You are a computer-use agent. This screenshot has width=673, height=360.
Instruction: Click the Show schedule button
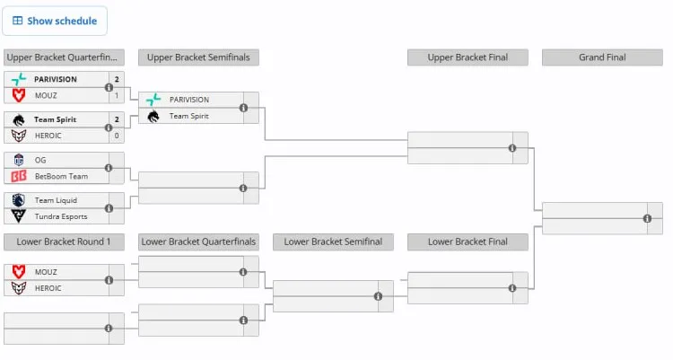pyautogui.click(x=55, y=21)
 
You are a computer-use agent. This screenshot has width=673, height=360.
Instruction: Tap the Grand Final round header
pyautogui.click(x=602, y=57)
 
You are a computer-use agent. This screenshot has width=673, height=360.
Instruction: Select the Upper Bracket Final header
pyautogui.click(x=468, y=57)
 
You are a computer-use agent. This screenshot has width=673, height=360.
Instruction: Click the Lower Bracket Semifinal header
pyautogui.click(x=333, y=241)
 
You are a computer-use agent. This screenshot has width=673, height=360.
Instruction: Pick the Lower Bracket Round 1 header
pyautogui.click(x=64, y=241)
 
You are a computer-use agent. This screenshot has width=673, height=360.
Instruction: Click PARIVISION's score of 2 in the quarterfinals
pyautogui.click(x=117, y=79)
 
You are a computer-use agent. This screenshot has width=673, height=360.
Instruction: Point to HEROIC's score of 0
pyautogui.click(x=117, y=136)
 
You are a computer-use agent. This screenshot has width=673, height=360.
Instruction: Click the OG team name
pyautogui.click(x=40, y=160)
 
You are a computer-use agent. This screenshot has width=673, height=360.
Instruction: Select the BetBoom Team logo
pyautogui.click(x=19, y=176)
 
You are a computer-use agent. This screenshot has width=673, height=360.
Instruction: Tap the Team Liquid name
pyautogui.click(x=56, y=200)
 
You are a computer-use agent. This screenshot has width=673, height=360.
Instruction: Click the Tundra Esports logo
pyautogui.click(x=19, y=216)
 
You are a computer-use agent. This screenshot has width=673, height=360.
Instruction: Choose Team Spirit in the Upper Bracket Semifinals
pyautogui.click(x=188, y=116)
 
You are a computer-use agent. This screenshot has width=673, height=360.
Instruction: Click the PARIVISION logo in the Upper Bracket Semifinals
pyautogui.click(x=153, y=100)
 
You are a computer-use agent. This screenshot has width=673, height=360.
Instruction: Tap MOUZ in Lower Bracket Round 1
pyautogui.click(x=46, y=272)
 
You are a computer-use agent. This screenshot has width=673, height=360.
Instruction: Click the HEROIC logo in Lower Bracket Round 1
pyautogui.click(x=19, y=288)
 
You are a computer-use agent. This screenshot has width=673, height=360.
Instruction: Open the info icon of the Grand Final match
pyautogui.click(x=647, y=219)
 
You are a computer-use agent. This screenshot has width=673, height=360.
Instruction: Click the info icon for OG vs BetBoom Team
pyautogui.click(x=109, y=168)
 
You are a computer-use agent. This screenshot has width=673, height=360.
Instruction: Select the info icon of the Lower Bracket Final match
pyautogui.click(x=512, y=288)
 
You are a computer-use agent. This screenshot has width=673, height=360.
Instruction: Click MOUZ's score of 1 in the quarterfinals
pyautogui.click(x=117, y=95)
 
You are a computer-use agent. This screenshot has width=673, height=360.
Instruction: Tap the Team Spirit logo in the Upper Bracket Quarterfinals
pyautogui.click(x=19, y=120)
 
